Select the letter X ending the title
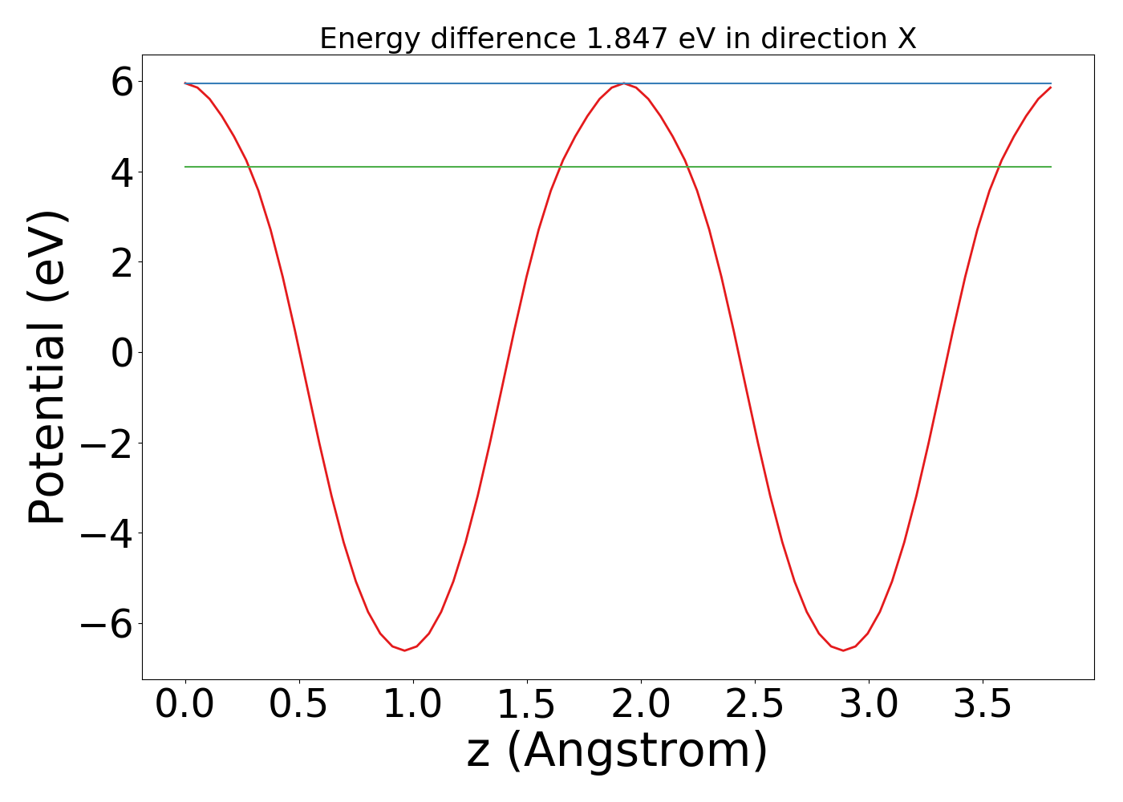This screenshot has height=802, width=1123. pyautogui.click(x=906, y=38)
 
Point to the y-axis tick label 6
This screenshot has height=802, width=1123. pyautogui.click(x=121, y=82)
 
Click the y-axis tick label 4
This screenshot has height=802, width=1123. pyautogui.click(x=121, y=172)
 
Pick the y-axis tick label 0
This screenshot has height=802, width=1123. pyautogui.click(x=121, y=353)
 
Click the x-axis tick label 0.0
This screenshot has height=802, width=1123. pyautogui.click(x=185, y=705)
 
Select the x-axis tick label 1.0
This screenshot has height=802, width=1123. pyautogui.click(x=413, y=705)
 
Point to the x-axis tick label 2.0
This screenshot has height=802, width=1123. pyautogui.click(x=641, y=705)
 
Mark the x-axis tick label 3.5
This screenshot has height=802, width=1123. pyautogui.click(x=983, y=705)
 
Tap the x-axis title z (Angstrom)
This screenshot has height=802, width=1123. pyautogui.click(x=617, y=751)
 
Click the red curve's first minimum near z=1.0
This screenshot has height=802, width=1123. pyautogui.click(x=404, y=650)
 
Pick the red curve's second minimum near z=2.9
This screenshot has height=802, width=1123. pyautogui.click(x=843, y=650)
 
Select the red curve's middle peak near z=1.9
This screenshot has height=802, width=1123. pyautogui.click(x=624, y=83)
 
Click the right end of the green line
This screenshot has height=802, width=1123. pyautogui.click(x=1050, y=167)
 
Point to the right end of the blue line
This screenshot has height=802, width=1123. pyautogui.click(x=1050, y=83)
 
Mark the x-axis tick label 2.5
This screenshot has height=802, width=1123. pyautogui.click(x=755, y=705)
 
